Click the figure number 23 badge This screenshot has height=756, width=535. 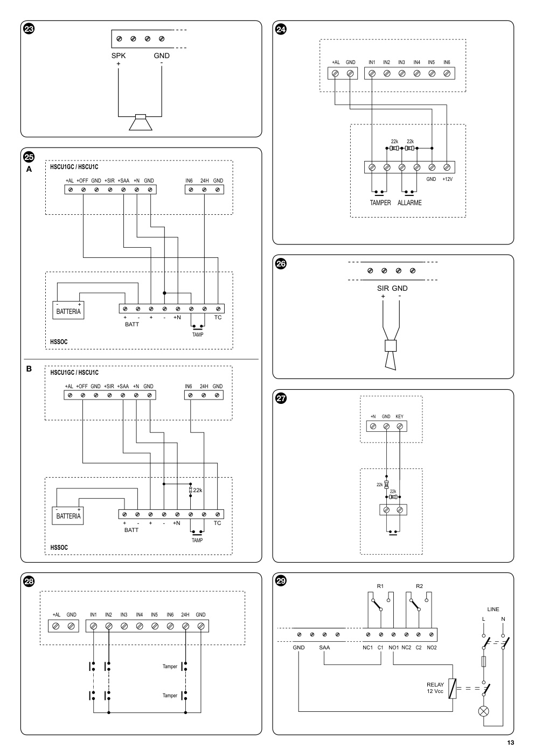pyautogui.click(x=29, y=29)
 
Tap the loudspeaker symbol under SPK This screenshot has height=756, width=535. pyautogui.click(x=141, y=122)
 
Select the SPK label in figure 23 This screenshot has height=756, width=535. pyautogui.click(x=119, y=55)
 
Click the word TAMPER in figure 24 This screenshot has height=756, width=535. pyautogui.click(x=380, y=203)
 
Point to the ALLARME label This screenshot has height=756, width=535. pyautogui.click(x=409, y=203)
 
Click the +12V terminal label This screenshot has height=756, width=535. pyautogui.click(x=447, y=179)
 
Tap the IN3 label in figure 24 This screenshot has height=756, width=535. pyautogui.click(x=401, y=62)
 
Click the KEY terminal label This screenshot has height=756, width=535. pyautogui.click(x=400, y=416)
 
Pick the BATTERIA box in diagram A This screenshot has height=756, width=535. pyautogui.click(x=68, y=310)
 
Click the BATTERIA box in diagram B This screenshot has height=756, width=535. pyautogui.click(x=67, y=516)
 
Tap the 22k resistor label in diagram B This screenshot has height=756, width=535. pyautogui.click(x=198, y=491)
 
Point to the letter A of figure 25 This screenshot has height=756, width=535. pyautogui.click(x=29, y=169)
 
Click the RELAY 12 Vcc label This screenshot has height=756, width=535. pyautogui.click(x=435, y=688)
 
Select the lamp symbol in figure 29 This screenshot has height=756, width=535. pyautogui.click(x=484, y=711)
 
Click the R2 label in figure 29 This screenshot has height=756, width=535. pyautogui.click(x=419, y=586)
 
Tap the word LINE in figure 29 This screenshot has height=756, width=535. pyautogui.click(x=493, y=609)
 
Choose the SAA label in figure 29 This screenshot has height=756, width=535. pyautogui.click(x=324, y=647)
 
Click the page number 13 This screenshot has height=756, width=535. pyautogui.click(x=510, y=743)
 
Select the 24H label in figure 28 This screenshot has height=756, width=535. pyautogui.click(x=185, y=614)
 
